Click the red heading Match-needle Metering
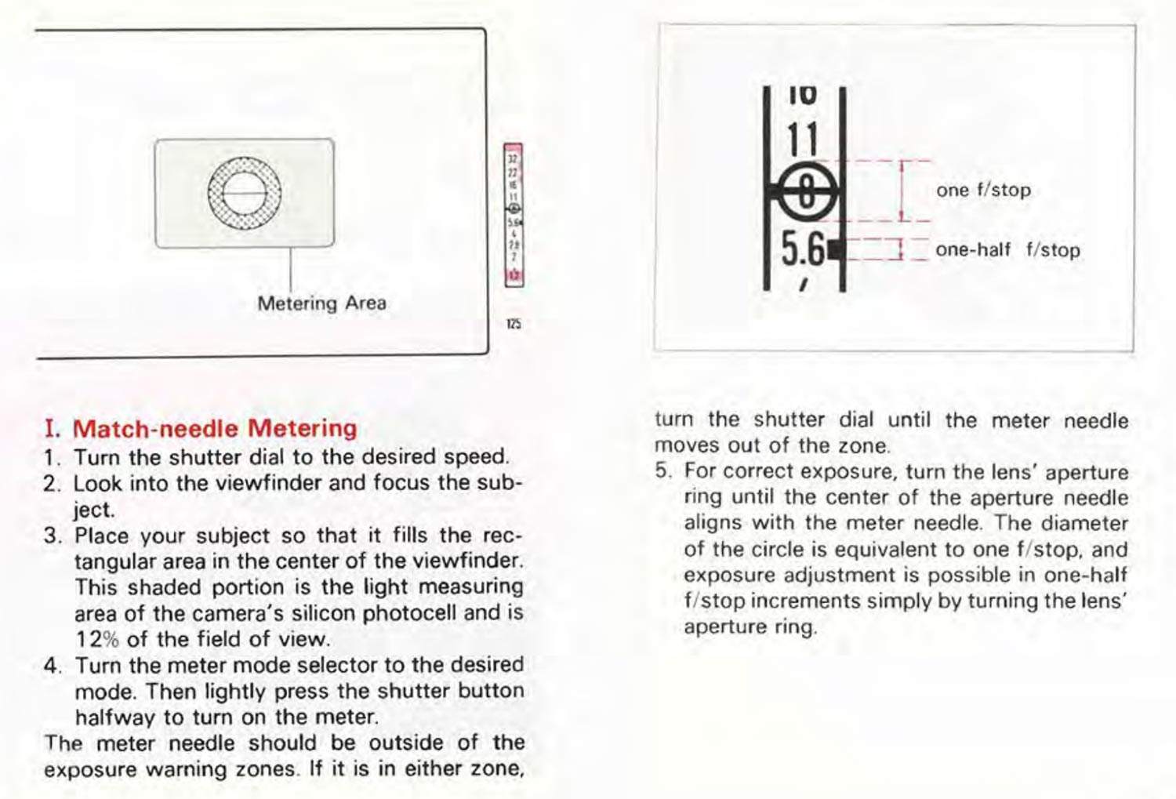tap(214, 428)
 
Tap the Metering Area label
tap(321, 303)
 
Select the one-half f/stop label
tap(1007, 250)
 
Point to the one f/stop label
tap(983, 190)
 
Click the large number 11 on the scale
tap(802, 140)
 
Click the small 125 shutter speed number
tap(514, 323)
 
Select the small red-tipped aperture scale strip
tap(514, 215)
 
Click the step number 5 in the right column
tap(662, 472)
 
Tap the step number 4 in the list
tap(51, 666)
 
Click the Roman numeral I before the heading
tap(52, 429)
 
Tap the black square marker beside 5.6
tap(835, 249)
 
